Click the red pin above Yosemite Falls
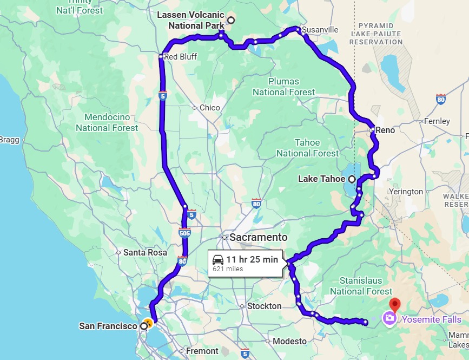(x=395, y=304)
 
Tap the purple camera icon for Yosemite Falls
(x=388, y=318)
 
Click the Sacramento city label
(x=259, y=238)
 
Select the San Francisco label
(x=107, y=326)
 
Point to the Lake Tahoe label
(x=322, y=179)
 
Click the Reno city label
(x=385, y=130)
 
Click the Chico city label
(x=210, y=108)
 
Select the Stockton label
(x=264, y=306)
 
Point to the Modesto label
(x=289, y=341)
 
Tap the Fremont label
(x=202, y=351)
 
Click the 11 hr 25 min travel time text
(x=252, y=259)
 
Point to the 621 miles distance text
(x=228, y=269)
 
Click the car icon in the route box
(x=218, y=259)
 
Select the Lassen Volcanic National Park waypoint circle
(x=231, y=20)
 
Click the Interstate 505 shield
(x=184, y=233)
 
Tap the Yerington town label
(x=406, y=192)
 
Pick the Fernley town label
(x=438, y=121)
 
